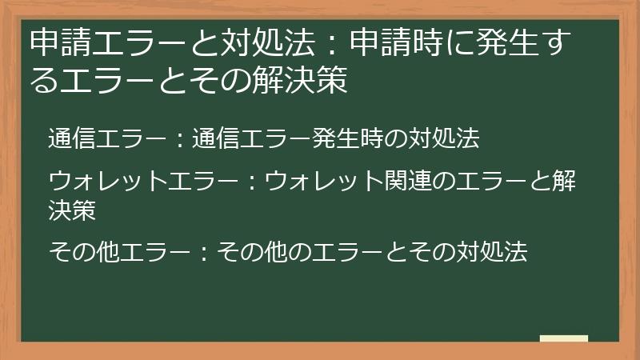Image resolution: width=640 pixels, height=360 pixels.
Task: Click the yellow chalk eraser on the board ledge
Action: pos(563,339)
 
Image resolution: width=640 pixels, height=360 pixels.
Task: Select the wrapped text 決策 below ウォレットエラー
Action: pos(73,210)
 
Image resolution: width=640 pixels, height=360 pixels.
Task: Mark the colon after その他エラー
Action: pos(203,254)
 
